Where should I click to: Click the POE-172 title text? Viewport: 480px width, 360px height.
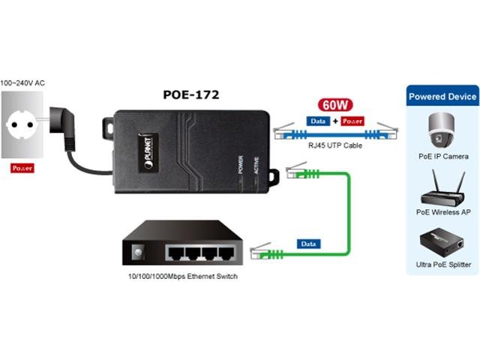coord(191,95)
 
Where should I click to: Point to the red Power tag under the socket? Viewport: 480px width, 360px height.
coord(22,168)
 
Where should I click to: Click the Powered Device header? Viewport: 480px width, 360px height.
coord(442,97)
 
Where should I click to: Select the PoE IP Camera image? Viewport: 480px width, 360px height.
coord(442,130)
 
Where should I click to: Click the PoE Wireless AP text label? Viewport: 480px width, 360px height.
coord(442,212)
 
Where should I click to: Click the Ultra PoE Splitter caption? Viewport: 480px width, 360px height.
coord(442,265)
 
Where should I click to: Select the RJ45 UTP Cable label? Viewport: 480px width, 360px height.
coord(332,145)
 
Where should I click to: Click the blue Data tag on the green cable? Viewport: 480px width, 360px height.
coord(307,244)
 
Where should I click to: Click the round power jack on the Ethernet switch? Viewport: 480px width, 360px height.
coord(137,253)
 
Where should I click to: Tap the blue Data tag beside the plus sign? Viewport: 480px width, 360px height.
coord(319,120)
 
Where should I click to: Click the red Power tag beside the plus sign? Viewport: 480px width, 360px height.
coord(352,120)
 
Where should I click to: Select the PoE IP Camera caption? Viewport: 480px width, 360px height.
coord(442,156)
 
